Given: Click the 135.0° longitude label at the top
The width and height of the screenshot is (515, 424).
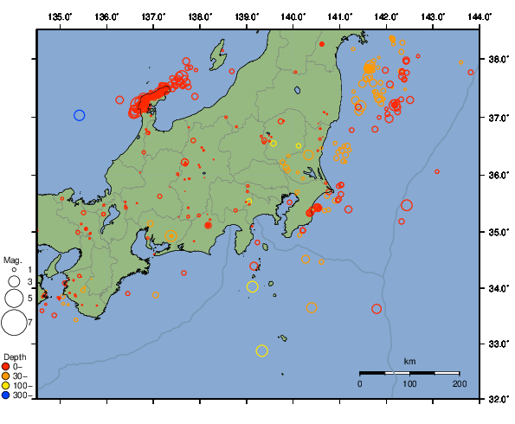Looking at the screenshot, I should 60,16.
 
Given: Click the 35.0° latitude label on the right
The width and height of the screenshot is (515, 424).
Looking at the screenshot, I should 497,231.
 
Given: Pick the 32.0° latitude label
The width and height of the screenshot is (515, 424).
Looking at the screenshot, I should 497,399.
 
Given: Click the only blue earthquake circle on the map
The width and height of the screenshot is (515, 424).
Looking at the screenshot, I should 79,115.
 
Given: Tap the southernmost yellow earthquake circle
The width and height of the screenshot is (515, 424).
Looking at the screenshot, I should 262,350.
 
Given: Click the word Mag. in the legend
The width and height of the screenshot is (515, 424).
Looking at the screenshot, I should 12,260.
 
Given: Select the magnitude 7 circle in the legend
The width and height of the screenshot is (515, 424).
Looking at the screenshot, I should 13,323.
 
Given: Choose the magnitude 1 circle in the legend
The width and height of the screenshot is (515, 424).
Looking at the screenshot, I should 13,270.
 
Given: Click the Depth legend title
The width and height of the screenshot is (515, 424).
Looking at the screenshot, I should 15,357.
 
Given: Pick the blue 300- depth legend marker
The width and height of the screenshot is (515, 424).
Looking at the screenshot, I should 8,395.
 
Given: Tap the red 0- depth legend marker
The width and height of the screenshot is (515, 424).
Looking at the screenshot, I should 8,367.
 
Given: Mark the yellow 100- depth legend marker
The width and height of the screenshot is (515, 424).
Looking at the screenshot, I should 8,386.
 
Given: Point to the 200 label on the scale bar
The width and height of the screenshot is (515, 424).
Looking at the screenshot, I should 459,383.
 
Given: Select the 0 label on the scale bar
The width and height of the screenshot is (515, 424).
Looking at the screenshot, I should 360,383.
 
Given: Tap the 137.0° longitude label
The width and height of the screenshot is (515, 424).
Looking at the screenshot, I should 153,16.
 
